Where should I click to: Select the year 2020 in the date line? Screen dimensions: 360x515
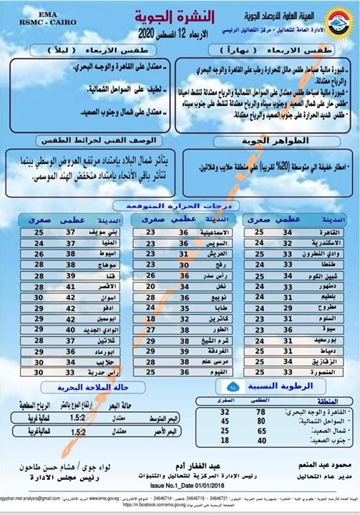point(146,34)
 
